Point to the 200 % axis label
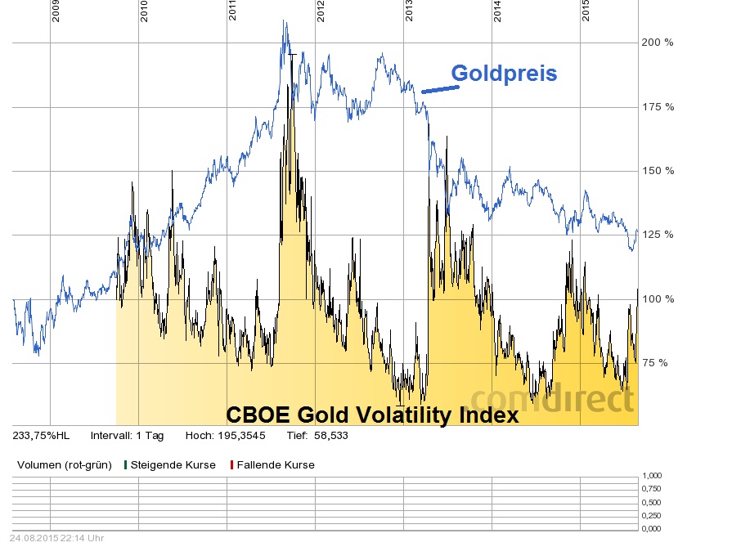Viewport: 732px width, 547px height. point(658,43)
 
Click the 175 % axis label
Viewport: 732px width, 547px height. point(658,106)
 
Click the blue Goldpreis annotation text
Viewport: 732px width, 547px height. point(504,74)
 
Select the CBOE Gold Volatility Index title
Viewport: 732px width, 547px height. point(372,415)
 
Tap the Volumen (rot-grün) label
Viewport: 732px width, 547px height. point(63,464)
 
